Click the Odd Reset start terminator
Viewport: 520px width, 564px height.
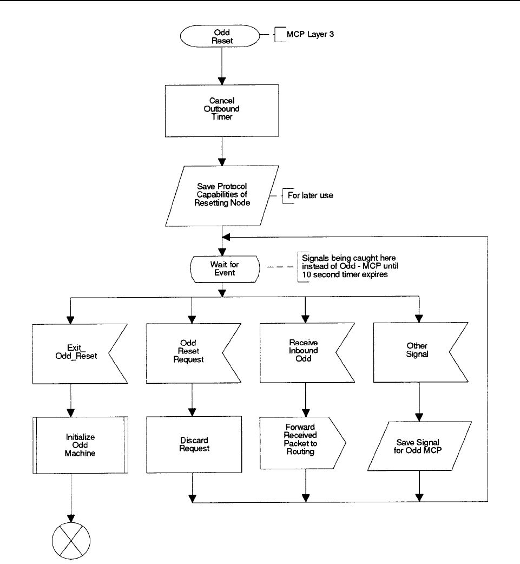click(220, 36)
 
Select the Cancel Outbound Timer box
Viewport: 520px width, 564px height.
click(222, 111)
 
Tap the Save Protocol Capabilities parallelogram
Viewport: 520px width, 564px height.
click(222, 196)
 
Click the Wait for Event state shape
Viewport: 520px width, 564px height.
click(225, 269)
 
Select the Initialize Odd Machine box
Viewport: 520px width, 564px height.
click(80, 445)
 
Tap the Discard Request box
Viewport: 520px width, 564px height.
click(194, 444)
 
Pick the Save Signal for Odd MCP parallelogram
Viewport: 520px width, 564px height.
click(419, 446)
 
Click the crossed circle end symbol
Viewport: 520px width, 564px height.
click(71, 541)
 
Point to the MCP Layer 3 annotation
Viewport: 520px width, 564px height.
click(310, 34)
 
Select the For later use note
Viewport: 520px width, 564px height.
click(311, 195)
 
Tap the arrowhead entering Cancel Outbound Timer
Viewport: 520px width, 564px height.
click(222, 81)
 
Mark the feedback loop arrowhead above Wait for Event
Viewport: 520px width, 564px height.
click(226, 237)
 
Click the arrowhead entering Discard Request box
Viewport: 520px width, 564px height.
click(193, 412)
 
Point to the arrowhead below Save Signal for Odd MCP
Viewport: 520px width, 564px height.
click(419, 498)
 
